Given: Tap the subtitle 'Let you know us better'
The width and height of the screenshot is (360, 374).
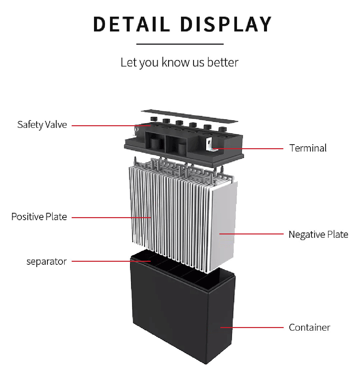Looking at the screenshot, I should click(x=179, y=62).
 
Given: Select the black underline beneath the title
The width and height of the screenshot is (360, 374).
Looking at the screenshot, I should click(x=180, y=44).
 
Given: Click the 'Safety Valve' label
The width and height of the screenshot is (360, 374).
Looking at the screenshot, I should click(x=42, y=125).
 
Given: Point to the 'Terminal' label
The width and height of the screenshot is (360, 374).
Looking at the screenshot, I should click(x=308, y=148).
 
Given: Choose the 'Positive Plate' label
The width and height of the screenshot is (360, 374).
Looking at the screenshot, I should click(x=39, y=217).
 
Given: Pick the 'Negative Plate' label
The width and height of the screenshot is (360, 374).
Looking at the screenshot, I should click(x=318, y=234).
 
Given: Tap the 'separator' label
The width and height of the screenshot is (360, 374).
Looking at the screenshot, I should click(x=46, y=261).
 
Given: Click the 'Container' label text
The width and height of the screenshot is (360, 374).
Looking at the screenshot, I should click(x=309, y=327).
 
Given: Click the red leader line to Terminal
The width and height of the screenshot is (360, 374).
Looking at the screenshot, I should click(x=250, y=149).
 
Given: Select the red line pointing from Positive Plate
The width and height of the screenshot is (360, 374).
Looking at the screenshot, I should click(x=110, y=217).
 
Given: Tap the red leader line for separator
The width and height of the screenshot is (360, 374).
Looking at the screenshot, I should click(x=110, y=261).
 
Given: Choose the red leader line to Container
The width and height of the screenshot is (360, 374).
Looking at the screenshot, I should click(x=252, y=327).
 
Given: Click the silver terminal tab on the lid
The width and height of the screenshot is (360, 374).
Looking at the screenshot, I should click(x=209, y=145).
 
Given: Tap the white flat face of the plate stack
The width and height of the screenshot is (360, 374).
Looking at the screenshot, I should click(x=224, y=223).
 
